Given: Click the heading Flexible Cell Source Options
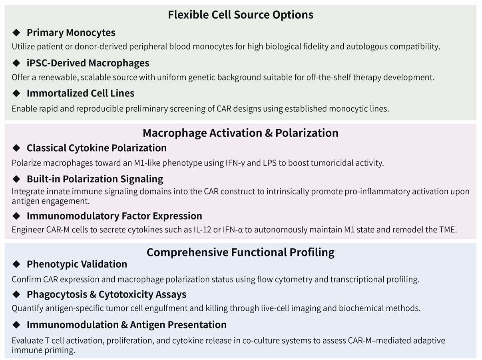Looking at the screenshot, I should (x=241, y=15).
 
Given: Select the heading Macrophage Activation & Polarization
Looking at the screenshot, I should (x=241, y=133).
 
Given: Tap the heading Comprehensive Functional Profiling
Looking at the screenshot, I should (x=241, y=252).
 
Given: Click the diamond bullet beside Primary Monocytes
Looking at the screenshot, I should (x=16, y=32).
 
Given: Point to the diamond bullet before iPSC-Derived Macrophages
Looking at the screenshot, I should (x=16, y=63).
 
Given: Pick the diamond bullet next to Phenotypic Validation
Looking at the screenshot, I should (x=16, y=264).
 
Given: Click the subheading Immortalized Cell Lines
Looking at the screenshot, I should (x=80, y=93).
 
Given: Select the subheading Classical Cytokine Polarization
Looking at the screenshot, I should (x=96, y=148).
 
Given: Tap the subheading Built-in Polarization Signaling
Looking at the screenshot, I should (x=95, y=179).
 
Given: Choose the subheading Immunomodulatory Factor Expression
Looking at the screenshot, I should (x=114, y=216).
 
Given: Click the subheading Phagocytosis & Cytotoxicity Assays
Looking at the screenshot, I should (x=106, y=294).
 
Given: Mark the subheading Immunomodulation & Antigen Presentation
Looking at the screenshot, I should (x=126, y=325).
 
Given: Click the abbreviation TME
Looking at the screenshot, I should (x=448, y=230).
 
